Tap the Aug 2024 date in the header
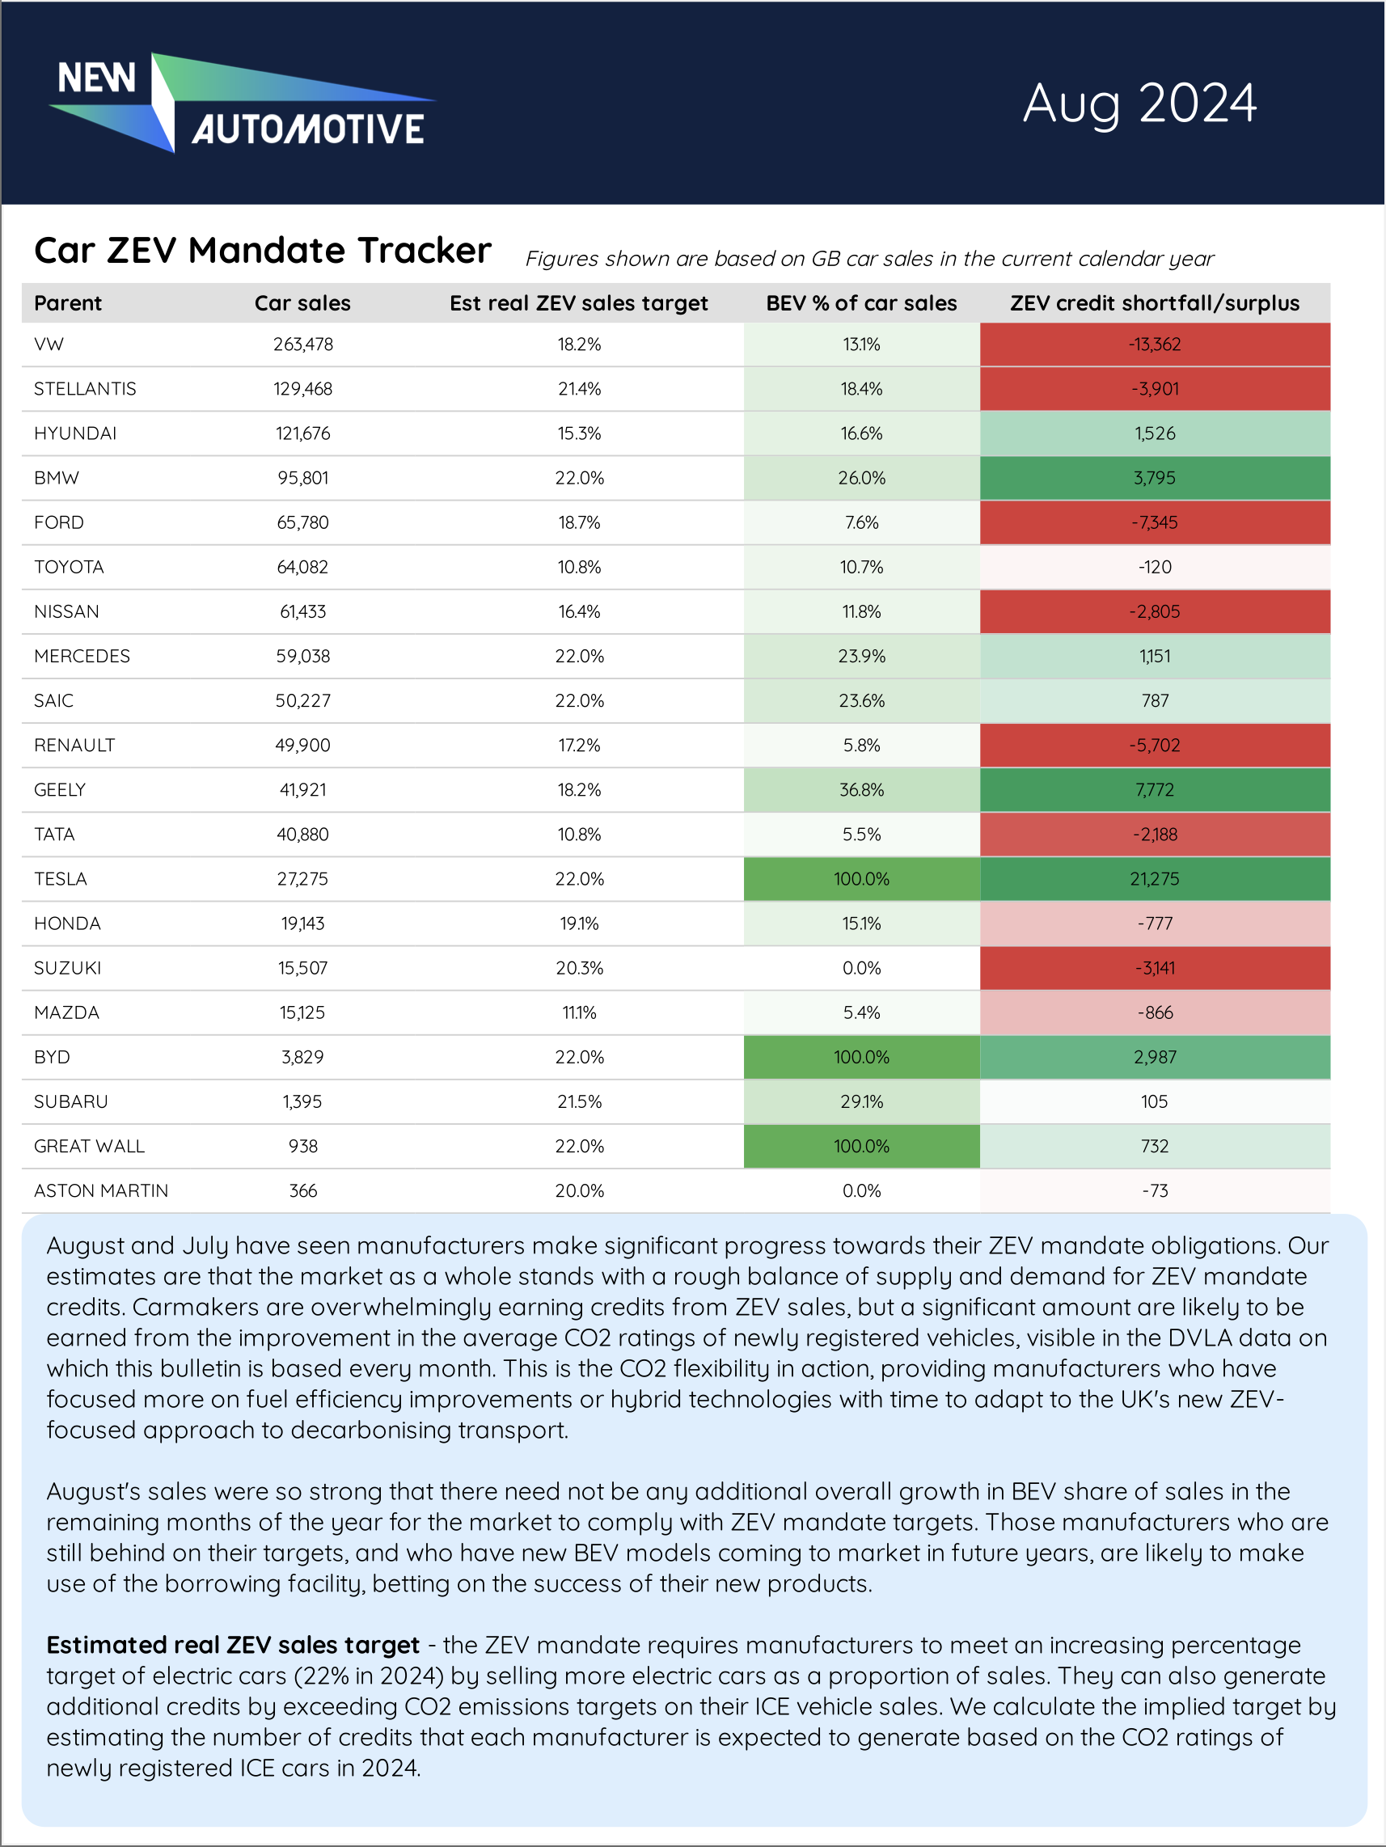tap(1139, 104)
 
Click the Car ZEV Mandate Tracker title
tap(262, 251)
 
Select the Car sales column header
tap(302, 303)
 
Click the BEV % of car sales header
tap(861, 303)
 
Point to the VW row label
tap(49, 344)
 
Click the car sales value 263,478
tap(303, 344)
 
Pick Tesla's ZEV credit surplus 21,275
tap(1154, 878)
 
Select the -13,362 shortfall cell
tap(1154, 344)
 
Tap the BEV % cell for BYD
tap(861, 1057)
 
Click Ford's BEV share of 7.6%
tap(861, 522)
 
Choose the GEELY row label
tap(60, 790)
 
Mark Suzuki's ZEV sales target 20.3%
tap(579, 968)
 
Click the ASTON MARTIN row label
tap(101, 1190)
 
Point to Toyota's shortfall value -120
tap(1154, 567)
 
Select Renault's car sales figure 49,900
tap(303, 745)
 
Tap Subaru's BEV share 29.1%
tap(861, 1101)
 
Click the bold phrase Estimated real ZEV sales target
tap(233, 1645)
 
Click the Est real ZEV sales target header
tap(579, 303)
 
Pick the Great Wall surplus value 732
tap(1154, 1146)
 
